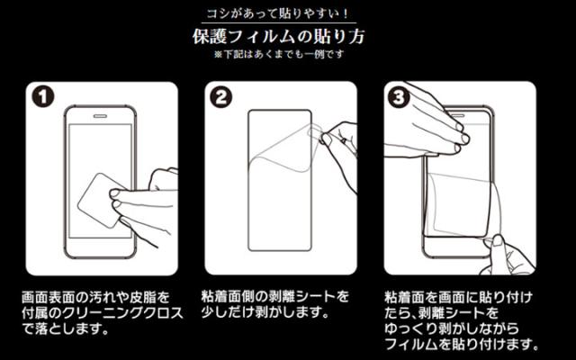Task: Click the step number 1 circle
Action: click(x=42, y=96)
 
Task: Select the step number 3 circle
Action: click(x=399, y=96)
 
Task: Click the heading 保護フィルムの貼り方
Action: click(x=279, y=37)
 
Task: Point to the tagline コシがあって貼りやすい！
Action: click(x=278, y=14)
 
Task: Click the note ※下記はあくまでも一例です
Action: click(x=279, y=54)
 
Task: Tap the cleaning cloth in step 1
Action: click(x=100, y=200)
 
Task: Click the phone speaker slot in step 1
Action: click(x=100, y=116)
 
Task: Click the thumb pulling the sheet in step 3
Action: click(x=499, y=246)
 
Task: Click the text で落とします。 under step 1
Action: click(x=66, y=328)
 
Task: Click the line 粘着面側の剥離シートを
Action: click(x=274, y=296)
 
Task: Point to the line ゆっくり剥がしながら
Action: click(x=452, y=328)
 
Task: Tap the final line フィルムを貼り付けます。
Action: click(x=462, y=344)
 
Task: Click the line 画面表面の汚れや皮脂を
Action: click(x=96, y=297)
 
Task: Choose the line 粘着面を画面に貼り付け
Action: click(x=458, y=297)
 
